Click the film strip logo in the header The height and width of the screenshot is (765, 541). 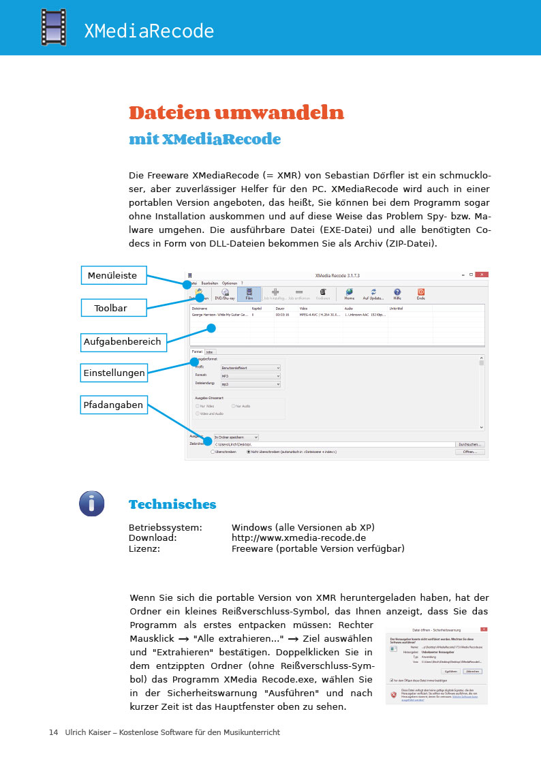click(53, 27)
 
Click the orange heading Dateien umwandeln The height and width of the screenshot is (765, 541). click(236, 112)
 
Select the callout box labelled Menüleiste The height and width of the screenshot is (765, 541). click(113, 275)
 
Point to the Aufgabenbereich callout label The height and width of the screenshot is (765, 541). click(123, 341)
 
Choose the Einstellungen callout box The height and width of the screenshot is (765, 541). click(114, 373)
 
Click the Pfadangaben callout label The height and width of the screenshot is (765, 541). click(113, 405)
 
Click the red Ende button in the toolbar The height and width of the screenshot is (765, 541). click(421, 294)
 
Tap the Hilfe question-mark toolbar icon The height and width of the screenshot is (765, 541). click(397, 294)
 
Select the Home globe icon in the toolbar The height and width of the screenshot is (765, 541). click(350, 294)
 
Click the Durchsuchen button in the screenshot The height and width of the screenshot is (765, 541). click(471, 444)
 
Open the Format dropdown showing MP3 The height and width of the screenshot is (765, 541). click(250, 376)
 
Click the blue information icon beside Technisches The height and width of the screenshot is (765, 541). click(92, 503)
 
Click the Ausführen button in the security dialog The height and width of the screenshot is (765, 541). click(450, 671)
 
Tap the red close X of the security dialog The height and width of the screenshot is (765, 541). click(484, 629)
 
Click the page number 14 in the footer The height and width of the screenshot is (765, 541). click(53, 732)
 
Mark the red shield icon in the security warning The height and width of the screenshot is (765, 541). click(393, 694)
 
